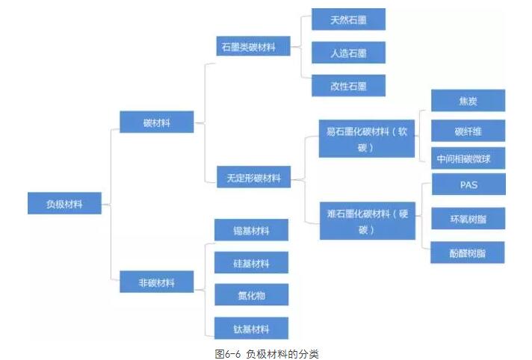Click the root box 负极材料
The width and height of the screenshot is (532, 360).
point(64,203)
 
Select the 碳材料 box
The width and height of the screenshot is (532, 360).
point(157,122)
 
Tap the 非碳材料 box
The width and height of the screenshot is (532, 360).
point(157,282)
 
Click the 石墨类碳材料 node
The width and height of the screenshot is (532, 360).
point(248,47)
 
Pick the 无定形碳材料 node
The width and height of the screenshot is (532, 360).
point(254,178)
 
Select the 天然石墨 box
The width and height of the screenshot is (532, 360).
point(348,19)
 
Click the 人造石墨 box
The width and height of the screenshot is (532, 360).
point(348,53)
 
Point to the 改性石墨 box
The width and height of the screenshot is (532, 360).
point(348,86)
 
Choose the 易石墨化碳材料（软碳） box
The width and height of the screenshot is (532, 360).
point(366,139)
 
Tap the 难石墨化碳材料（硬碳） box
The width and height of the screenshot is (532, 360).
point(366,221)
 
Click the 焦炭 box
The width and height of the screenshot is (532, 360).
point(468,101)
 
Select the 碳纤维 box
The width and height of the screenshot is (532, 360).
point(468,131)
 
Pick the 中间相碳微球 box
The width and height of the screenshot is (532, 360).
point(468,158)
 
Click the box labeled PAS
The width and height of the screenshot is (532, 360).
point(468,184)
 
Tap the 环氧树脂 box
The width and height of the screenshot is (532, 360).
point(468,220)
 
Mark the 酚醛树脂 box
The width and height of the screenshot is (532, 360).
point(468,252)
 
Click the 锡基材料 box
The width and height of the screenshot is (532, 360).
point(251,230)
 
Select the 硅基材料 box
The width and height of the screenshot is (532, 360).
point(251,263)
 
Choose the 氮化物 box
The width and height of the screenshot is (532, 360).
point(251,296)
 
